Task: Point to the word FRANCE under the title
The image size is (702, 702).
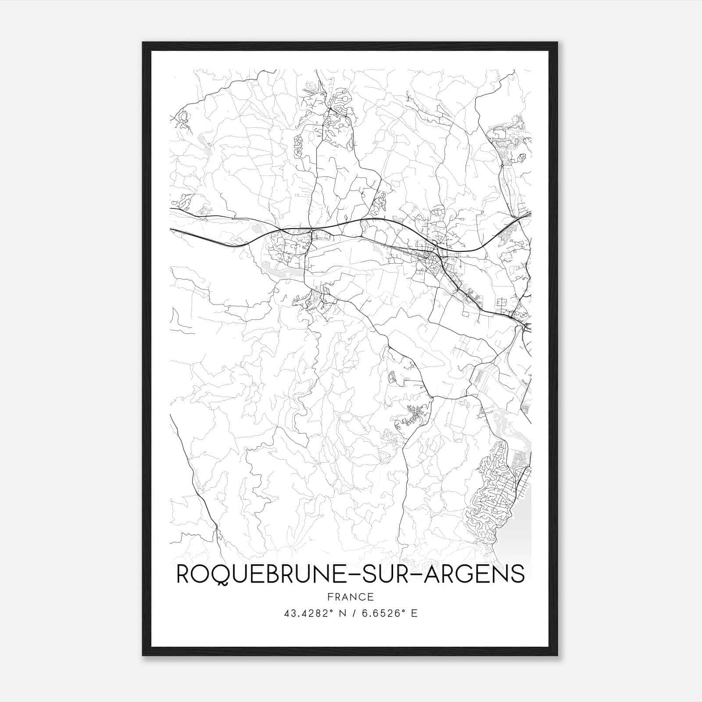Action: (x=350, y=597)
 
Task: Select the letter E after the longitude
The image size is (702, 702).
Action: (x=414, y=613)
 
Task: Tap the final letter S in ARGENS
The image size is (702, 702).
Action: (x=518, y=574)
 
